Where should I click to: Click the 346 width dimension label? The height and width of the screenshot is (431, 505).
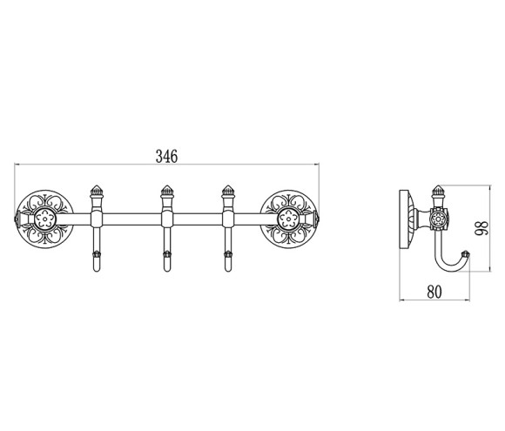tap(166, 156)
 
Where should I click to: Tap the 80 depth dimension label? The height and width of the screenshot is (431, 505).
tap(434, 292)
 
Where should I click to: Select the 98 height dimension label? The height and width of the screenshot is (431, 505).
tap(483, 228)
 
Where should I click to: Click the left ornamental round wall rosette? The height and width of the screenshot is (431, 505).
tap(44, 219)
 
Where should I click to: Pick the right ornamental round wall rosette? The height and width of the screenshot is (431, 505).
tap(288, 219)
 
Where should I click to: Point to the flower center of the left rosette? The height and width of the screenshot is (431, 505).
tap(44, 219)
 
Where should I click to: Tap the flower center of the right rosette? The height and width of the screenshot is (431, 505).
tap(288, 219)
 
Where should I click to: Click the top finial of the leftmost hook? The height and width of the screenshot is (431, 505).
tap(96, 191)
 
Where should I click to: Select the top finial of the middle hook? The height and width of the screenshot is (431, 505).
tap(167, 191)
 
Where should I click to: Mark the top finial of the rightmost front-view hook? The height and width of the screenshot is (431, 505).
tap(228, 191)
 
